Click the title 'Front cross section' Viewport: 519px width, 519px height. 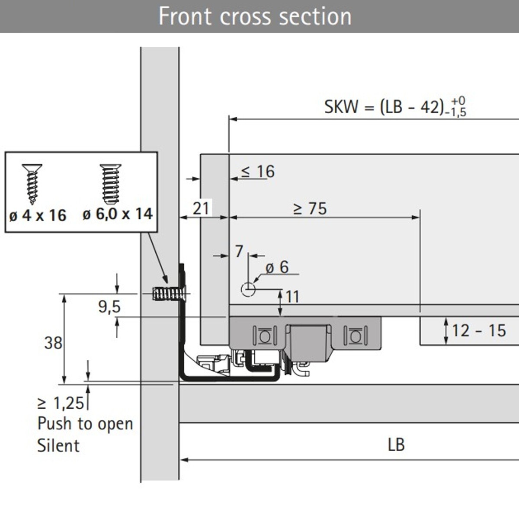point(255,16)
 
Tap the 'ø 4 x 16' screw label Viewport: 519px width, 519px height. point(38,215)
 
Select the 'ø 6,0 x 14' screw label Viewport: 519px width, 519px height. point(118,214)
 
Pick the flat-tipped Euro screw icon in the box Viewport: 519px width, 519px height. point(110,183)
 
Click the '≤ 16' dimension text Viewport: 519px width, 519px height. point(258,172)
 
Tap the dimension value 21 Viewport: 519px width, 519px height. point(201,208)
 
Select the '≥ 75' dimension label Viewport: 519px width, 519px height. point(310,208)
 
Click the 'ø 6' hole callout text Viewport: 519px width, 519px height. point(277,267)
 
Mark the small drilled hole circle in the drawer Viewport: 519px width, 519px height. point(248,289)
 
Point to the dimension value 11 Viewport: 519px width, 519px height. point(292,297)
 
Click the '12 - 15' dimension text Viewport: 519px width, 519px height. point(479,331)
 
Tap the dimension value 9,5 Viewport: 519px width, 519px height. point(109,307)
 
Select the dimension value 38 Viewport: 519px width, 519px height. point(53,343)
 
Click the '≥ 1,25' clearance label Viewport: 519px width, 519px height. point(61,403)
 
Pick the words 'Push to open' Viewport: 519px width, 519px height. point(85,424)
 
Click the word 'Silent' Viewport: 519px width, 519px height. point(58,445)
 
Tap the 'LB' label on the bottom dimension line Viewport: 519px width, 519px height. point(396,445)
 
